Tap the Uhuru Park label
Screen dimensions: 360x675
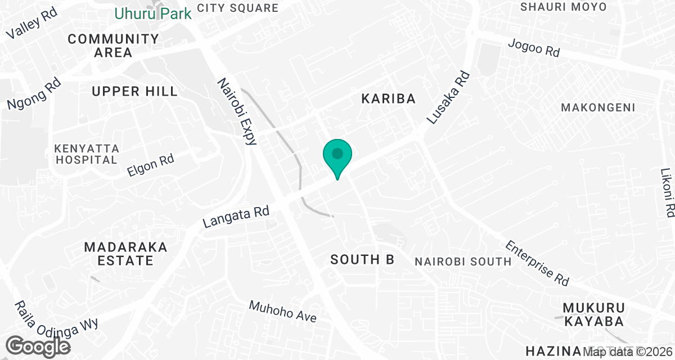pyautogui.click(x=153, y=13)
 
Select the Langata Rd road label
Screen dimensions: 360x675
pyautogui.click(x=236, y=216)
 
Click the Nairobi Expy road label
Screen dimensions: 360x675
pyautogui.click(x=237, y=111)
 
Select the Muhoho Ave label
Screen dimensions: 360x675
pyautogui.click(x=283, y=311)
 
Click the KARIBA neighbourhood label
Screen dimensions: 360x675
pyautogui.click(x=388, y=99)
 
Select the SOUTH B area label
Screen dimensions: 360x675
pyautogui.click(x=362, y=259)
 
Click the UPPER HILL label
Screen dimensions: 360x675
pyautogui.click(x=134, y=91)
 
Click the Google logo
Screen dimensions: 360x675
pyautogui.click(x=39, y=346)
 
